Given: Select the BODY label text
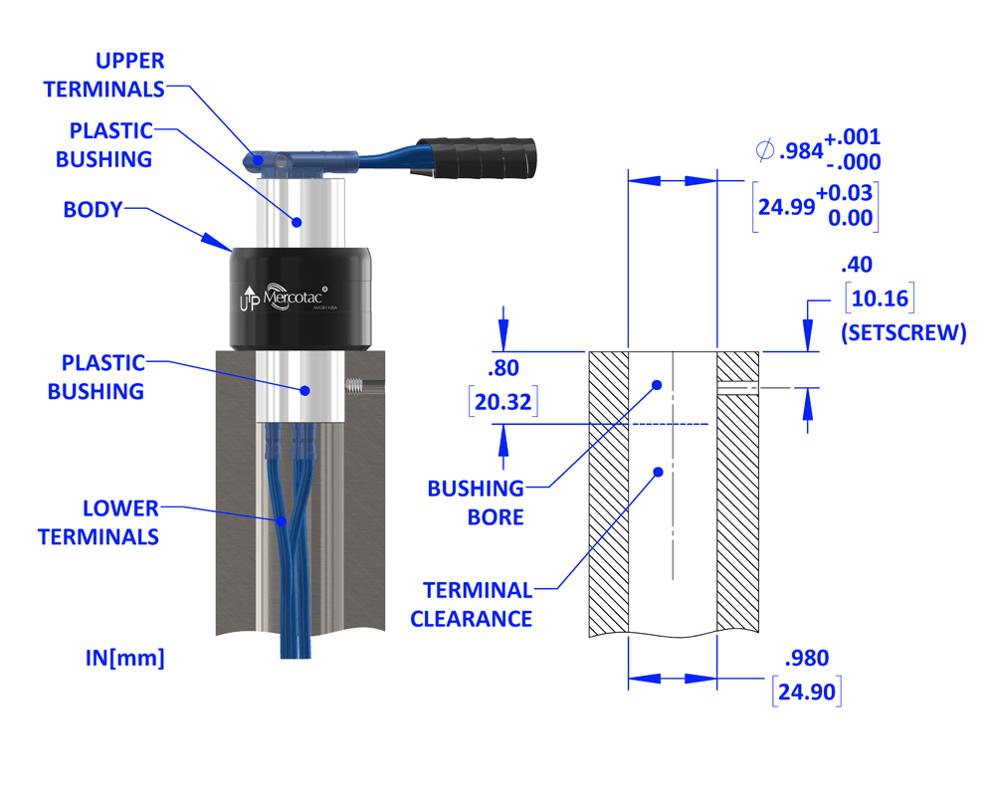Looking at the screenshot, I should (x=93, y=210).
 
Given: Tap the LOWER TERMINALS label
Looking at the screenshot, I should (x=99, y=522).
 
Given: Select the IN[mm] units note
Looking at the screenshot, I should (x=124, y=657).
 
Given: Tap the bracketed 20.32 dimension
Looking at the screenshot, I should (x=503, y=403).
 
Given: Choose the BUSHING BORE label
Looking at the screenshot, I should (x=476, y=502).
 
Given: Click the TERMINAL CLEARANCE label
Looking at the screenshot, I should (x=472, y=604).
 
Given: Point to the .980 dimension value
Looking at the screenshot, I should (x=806, y=658).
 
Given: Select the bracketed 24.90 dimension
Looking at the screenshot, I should (x=806, y=691).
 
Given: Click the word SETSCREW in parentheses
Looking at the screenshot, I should (x=903, y=333).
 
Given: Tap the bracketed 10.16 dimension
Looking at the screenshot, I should (x=878, y=298).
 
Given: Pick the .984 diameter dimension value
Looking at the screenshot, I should (x=802, y=150).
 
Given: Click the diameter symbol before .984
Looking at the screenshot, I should (x=765, y=150).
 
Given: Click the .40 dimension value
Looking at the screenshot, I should (x=856, y=265).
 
